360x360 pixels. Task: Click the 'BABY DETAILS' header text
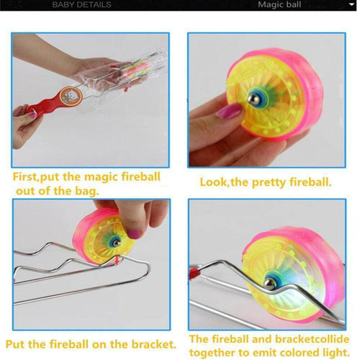pyautogui.click(x=81, y=5)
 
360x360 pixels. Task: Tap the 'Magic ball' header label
pyautogui.click(x=279, y=4)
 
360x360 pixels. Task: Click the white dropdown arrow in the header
pyautogui.click(x=351, y=4)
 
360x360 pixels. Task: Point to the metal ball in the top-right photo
pyautogui.click(x=253, y=99)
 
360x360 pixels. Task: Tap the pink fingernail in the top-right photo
pyautogui.click(x=228, y=111)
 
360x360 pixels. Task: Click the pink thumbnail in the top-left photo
pyautogui.click(x=32, y=115)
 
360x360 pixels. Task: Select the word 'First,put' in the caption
pyautogui.click(x=35, y=177)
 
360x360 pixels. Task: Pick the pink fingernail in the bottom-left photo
pyautogui.click(x=134, y=234)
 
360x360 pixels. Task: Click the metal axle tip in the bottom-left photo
pyautogui.click(x=117, y=243)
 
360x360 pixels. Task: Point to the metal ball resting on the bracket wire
pyautogui.click(x=269, y=284)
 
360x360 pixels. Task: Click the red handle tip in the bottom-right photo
pyautogui.click(x=194, y=274)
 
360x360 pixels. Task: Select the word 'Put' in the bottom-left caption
pyautogui.click(x=15, y=345)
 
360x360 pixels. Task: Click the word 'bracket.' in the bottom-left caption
pyautogui.click(x=153, y=345)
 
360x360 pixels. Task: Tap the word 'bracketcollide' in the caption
pyautogui.click(x=312, y=339)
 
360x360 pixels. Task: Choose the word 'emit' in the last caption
pyautogui.click(x=264, y=353)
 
